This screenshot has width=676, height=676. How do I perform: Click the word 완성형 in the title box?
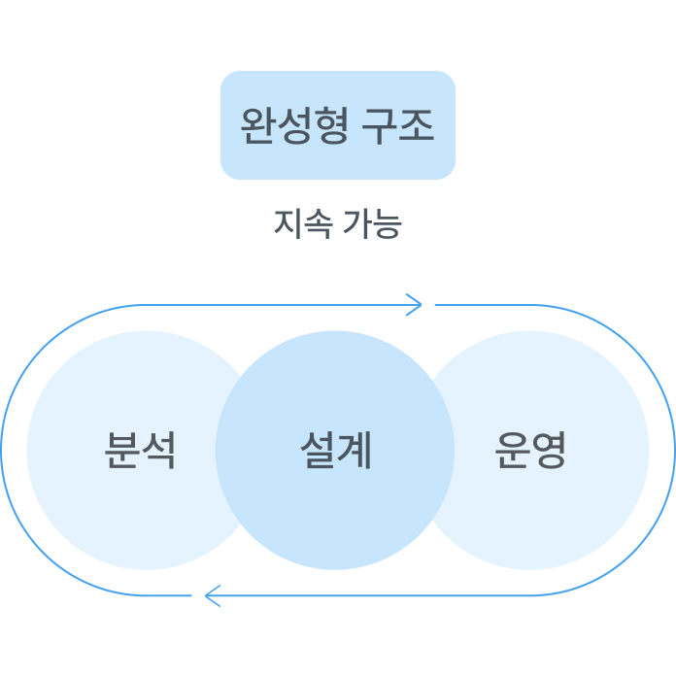coord(294,125)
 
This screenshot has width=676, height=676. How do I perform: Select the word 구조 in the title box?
coord(397,125)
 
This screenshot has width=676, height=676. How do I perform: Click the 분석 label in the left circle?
coord(141,450)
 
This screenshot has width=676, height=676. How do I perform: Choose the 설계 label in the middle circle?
coord(335,450)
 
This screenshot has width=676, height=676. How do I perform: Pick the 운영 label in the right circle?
coord(530,450)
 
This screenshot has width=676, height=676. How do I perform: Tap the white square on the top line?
coord(428,305)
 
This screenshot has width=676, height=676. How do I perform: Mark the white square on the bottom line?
coord(199,595)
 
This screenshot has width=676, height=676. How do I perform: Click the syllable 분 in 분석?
coord(122,450)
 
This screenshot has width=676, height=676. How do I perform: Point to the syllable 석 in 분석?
coord(159,450)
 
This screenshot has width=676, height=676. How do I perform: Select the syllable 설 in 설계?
coord(317,450)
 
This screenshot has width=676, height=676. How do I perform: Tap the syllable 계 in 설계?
coord(355,450)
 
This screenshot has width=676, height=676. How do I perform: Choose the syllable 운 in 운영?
coord(512,450)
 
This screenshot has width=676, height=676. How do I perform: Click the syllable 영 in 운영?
coord(550,450)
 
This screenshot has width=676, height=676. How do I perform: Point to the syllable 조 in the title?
coord(416,125)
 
